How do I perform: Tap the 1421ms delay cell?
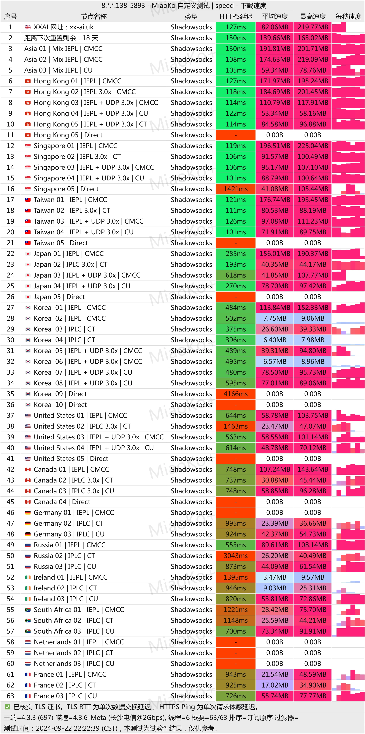[236, 189]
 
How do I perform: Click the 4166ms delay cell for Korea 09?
[236, 394]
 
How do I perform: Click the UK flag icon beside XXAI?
[28, 27]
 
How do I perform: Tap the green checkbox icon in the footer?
[7, 707]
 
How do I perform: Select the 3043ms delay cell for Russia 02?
[236, 556]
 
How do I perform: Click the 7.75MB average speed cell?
[275, 318]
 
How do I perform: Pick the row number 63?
[11, 696]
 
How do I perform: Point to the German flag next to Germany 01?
[28, 513]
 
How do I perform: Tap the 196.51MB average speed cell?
[275, 146]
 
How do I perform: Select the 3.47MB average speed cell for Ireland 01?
[275, 577]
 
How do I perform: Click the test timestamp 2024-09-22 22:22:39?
[76, 728]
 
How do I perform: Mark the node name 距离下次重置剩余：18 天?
[61, 38]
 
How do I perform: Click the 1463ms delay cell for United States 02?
[236, 426]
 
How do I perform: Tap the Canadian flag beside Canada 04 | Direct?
[28, 502]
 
